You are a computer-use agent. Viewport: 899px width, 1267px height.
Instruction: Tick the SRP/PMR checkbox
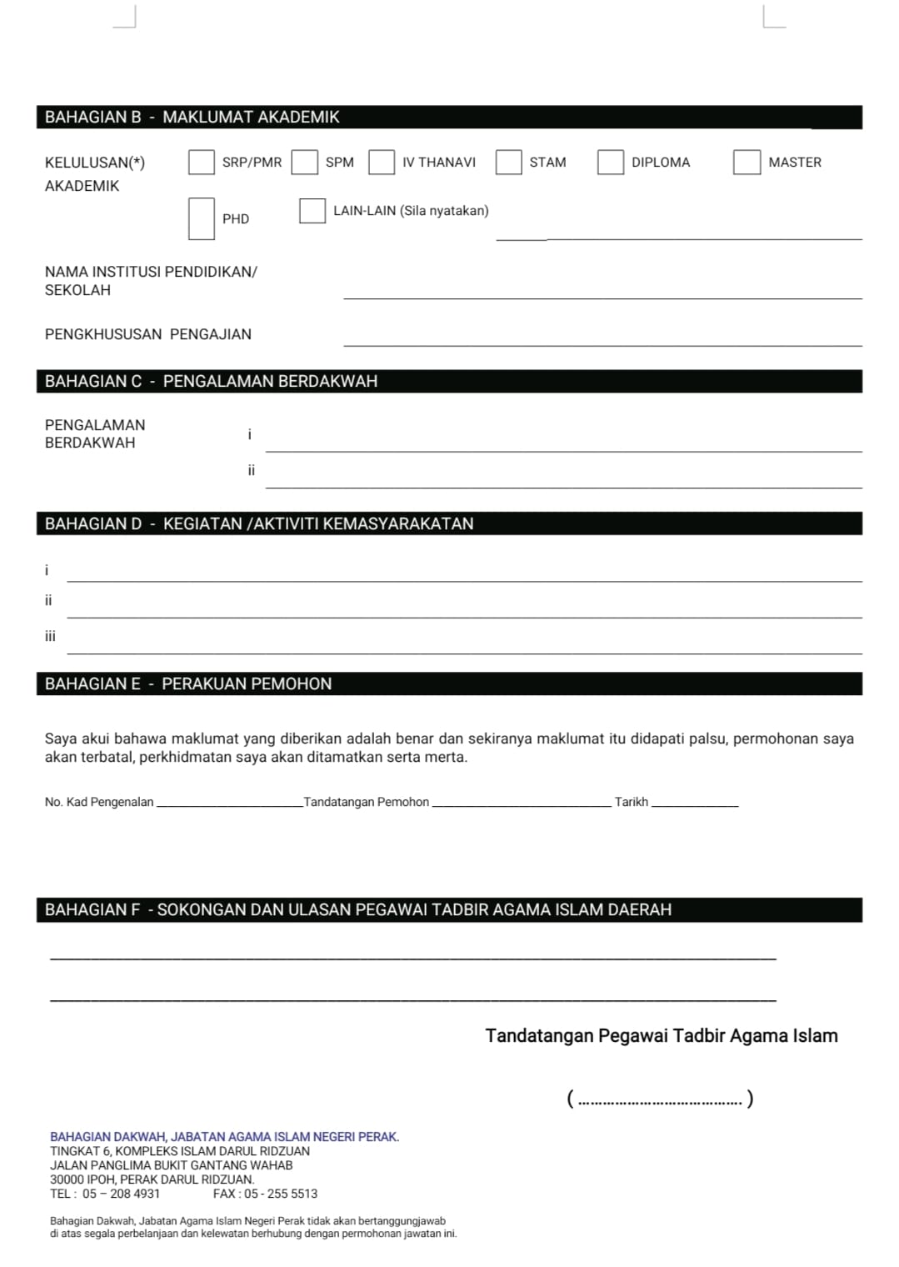(202, 162)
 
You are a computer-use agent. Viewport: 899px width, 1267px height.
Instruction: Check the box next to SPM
(304, 162)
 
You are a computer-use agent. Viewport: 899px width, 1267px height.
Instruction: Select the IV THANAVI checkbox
(382, 162)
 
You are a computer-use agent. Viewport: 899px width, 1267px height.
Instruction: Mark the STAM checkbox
(508, 162)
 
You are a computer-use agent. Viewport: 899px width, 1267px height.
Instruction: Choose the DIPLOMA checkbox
(610, 162)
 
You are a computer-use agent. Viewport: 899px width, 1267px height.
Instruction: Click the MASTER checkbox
(747, 162)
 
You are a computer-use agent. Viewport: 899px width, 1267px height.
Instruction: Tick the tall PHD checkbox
(202, 218)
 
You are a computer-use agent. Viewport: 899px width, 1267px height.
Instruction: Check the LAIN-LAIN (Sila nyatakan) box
(312, 211)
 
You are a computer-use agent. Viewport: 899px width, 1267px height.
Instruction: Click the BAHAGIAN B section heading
(192, 118)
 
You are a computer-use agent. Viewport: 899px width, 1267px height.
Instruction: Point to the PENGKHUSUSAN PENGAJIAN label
(148, 334)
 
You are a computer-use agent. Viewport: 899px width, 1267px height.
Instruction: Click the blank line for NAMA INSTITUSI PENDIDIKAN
(602, 292)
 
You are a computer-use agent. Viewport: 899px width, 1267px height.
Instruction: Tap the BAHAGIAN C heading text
(211, 381)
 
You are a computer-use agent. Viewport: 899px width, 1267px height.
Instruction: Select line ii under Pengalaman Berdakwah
(563, 480)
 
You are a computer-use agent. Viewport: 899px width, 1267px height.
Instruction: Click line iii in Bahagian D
(463, 646)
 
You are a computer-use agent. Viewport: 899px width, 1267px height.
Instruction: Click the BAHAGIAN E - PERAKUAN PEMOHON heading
(188, 684)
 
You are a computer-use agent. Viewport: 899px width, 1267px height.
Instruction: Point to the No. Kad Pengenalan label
(99, 802)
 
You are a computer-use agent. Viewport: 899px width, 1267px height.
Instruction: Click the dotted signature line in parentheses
(660, 1099)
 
